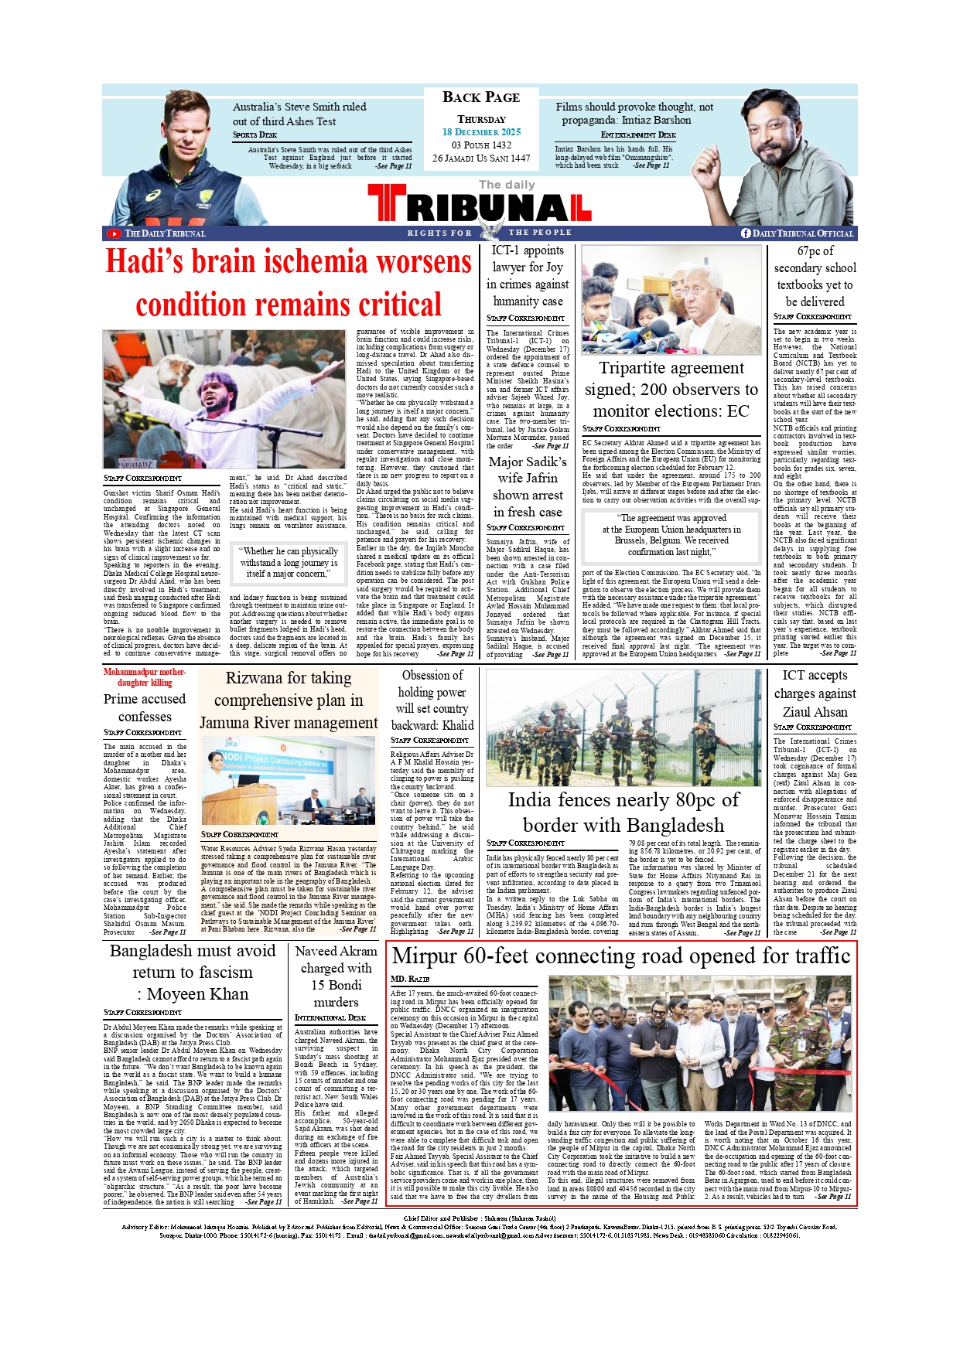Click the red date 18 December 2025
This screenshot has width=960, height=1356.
pos(481,132)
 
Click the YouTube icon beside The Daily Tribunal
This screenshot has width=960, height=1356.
pos(114,233)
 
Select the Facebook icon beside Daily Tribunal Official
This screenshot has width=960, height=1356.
pos(746,233)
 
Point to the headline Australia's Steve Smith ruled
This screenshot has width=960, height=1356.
pos(299,107)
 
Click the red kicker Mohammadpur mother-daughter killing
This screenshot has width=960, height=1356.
pos(145,677)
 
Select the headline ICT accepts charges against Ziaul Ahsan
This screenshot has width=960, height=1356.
pos(815,693)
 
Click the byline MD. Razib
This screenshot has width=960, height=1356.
pos(410,980)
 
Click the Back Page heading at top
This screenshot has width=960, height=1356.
pos(481,97)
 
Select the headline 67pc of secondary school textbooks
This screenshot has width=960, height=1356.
pos(815,276)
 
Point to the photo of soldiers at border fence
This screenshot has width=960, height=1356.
pos(623,727)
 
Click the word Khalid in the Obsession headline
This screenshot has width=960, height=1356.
pos(456,725)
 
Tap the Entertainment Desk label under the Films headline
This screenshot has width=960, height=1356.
pos(638,135)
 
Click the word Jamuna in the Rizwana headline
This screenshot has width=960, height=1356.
pos(232,723)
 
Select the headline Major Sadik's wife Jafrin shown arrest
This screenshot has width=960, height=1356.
pos(528,486)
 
